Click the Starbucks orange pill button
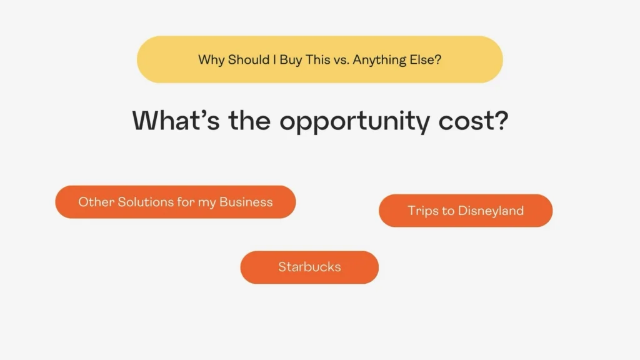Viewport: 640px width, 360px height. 309,267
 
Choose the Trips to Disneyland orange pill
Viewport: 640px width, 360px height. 466,211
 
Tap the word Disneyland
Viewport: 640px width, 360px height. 491,211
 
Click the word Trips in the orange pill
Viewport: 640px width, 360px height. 423,211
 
